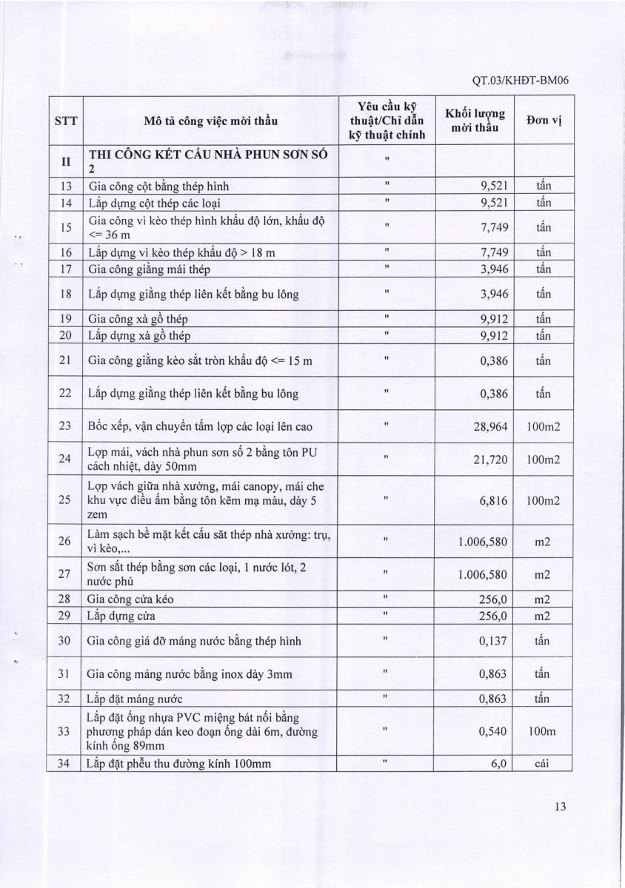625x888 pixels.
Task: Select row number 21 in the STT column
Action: tap(64, 360)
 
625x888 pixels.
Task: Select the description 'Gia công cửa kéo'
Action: tap(132, 599)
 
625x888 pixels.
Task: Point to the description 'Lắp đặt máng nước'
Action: tap(136, 698)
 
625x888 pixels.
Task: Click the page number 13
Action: tap(559, 809)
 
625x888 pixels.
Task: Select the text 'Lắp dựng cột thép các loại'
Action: tap(154, 203)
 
